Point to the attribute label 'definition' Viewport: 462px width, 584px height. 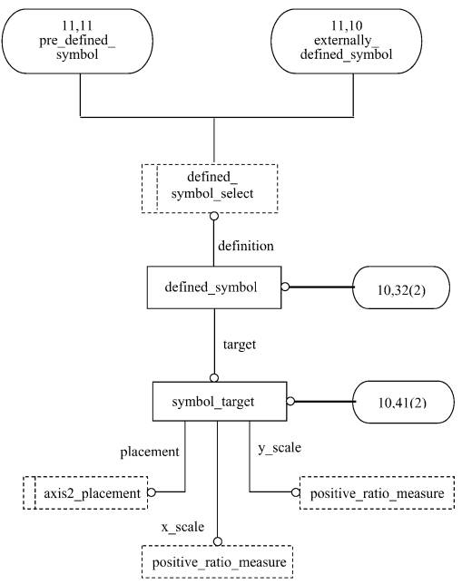click(246, 246)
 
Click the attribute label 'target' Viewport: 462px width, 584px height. click(240, 345)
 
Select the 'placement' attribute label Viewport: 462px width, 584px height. click(150, 452)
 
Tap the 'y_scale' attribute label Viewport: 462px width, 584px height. click(280, 448)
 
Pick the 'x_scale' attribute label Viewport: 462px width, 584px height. click(182, 527)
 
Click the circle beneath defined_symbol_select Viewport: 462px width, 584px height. click(213, 216)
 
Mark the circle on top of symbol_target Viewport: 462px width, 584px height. click(214, 378)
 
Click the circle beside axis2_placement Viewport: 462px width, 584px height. click(152, 492)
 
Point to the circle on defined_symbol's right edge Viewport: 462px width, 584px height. click(285, 287)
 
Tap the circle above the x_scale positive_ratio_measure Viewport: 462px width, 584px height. click(218, 541)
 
